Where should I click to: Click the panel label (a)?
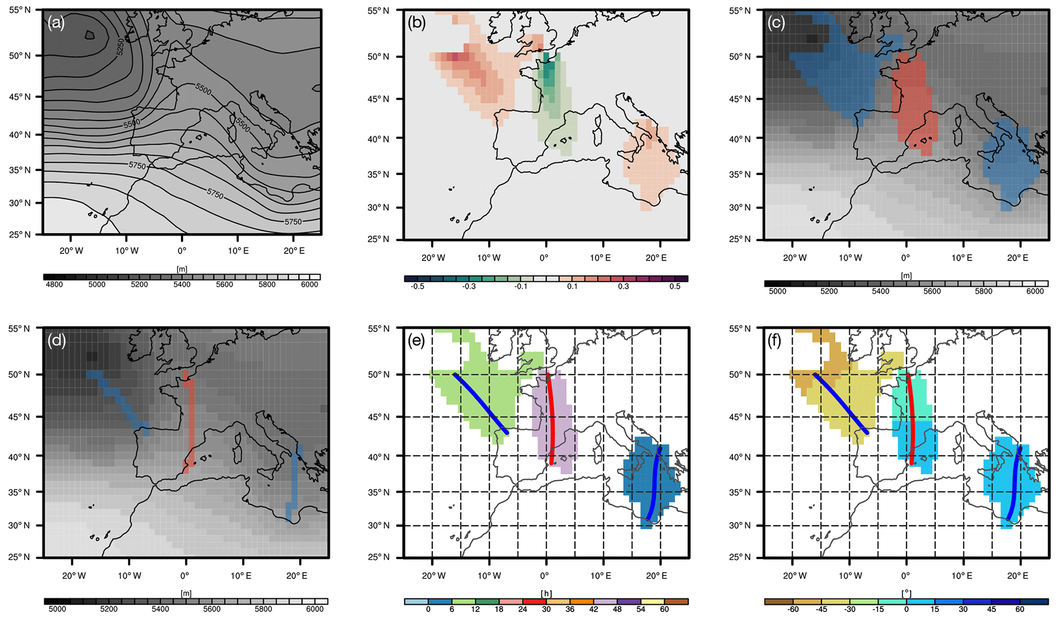click(x=56, y=23)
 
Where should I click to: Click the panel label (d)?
click(x=56, y=341)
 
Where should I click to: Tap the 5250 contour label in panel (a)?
click(x=120, y=47)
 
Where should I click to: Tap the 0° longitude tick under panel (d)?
click(x=185, y=576)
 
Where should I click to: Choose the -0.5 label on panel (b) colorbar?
click(x=417, y=287)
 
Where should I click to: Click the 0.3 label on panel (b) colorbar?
click(x=623, y=287)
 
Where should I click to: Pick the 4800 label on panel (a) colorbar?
click(x=54, y=285)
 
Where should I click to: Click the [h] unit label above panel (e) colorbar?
click(x=546, y=593)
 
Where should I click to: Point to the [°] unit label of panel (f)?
click(x=906, y=593)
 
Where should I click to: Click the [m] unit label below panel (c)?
click(x=906, y=275)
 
